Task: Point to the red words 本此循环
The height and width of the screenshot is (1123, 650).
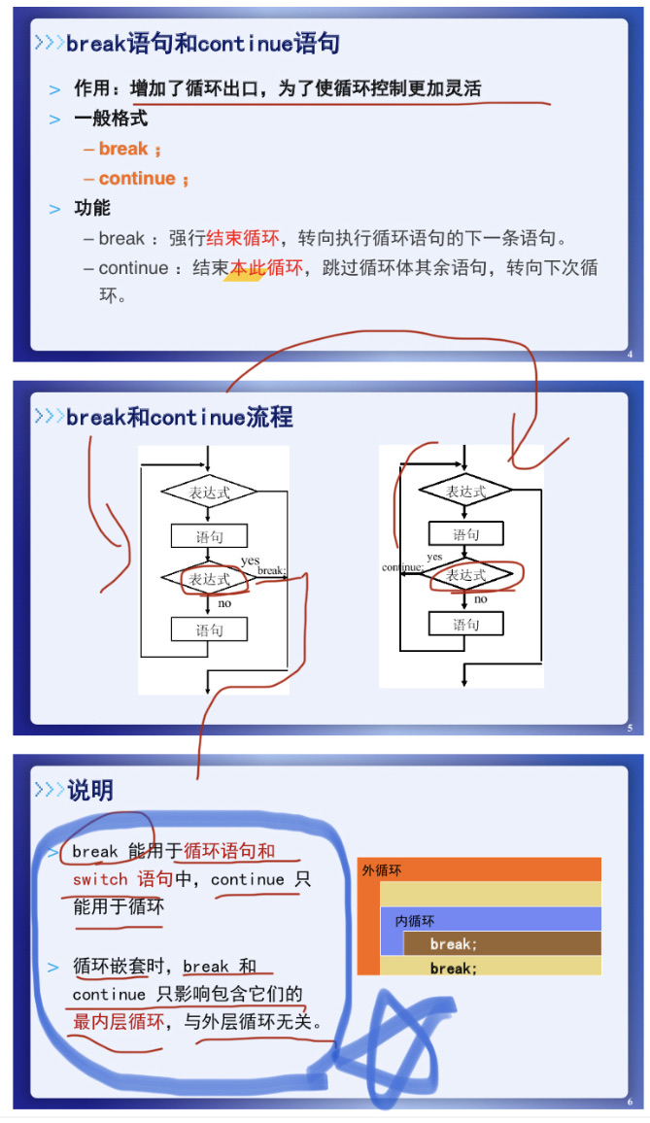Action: click(266, 268)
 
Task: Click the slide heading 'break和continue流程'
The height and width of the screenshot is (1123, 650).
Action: click(180, 418)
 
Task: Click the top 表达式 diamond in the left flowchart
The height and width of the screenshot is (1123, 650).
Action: click(209, 493)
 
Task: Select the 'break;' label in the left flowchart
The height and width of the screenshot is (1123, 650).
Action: click(271, 571)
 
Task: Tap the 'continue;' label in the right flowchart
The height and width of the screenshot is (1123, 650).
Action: click(402, 567)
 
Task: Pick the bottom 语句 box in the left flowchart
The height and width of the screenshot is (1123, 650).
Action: click(209, 630)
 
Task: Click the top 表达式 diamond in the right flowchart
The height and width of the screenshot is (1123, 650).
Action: click(465, 493)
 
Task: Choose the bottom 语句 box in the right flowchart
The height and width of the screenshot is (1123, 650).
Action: click(465, 625)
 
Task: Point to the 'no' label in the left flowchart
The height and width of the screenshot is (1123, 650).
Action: click(224, 603)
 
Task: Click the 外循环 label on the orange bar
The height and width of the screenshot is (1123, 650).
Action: click(382, 870)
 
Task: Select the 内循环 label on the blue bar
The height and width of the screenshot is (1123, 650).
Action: click(415, 921)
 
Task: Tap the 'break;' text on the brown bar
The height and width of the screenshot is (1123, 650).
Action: click(453, 944)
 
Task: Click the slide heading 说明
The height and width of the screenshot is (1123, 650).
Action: click(89, 791)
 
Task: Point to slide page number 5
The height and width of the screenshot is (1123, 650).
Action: click(630, 729)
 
